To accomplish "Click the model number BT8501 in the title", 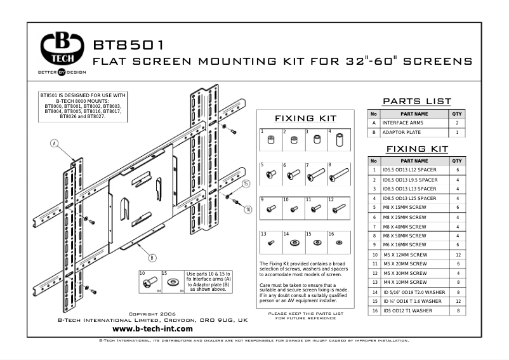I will point(129,46).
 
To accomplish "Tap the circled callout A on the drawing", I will point(55,143).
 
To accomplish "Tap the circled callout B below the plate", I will point(152,258).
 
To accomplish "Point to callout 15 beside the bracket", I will point(246,183).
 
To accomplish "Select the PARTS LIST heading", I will point(417,102).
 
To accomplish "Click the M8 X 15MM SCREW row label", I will point(404,207).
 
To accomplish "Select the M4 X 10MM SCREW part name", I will point(404,282).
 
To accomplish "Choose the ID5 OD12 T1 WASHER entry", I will point(407,310).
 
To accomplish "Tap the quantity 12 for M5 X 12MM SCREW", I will point(457,254).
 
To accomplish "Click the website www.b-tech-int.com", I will point(152,329).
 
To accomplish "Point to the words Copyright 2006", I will point(152,314).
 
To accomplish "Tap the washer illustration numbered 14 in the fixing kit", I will point(294,243).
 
